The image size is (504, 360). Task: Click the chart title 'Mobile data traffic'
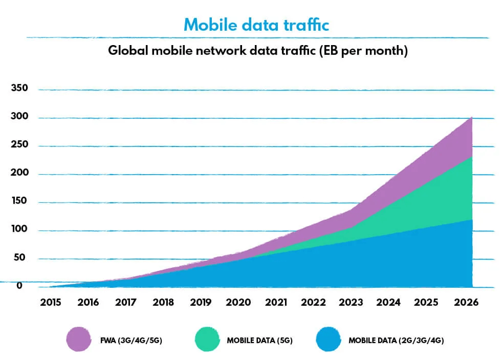point(256,24)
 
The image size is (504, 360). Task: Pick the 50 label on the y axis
point(19,258)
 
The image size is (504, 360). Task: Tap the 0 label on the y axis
point(19,286)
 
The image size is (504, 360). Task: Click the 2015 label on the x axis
point(50,303)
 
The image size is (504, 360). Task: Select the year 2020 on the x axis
point(238,303)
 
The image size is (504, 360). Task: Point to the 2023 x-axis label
point(352,303)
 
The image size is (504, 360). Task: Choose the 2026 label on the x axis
point(466,303)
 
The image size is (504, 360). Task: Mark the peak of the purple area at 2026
point(471,118)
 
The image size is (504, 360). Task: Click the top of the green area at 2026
point(471,157)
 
